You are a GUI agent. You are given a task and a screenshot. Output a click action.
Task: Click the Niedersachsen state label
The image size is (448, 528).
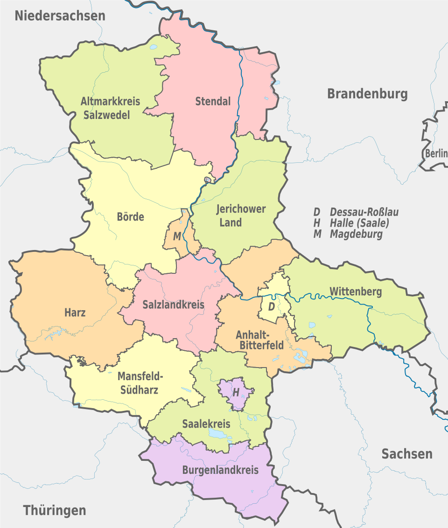tap(60, 15)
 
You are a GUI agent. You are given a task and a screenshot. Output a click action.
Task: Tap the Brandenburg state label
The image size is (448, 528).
tap(367, 94)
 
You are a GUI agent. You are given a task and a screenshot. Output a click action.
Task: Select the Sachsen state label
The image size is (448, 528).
tap(407, 454)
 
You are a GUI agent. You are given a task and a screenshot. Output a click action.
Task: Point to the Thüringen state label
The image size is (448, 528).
tap(55, 510)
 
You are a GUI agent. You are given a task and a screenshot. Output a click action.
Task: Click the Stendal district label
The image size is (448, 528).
tap(213, 101)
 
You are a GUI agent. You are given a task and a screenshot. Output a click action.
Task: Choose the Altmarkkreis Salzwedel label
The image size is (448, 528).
tap(110, 108)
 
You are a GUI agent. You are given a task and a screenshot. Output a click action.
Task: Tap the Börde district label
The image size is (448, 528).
tap(130, 217)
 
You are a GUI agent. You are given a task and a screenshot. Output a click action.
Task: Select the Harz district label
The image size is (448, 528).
tap(75, 313)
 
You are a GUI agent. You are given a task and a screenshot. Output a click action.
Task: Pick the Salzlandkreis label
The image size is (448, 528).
tap(174, 305)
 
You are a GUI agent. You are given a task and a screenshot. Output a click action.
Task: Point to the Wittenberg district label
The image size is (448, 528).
tap(356, 292)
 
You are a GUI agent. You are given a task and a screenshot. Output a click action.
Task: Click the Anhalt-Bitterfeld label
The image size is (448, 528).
tap(260, 340)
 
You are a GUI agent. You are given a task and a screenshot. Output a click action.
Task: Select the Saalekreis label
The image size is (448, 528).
tap(206, 424)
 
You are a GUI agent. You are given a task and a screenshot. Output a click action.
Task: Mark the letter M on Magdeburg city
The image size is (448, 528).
tap(177, 237)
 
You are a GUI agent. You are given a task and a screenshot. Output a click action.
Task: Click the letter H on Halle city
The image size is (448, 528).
tap(236, 393)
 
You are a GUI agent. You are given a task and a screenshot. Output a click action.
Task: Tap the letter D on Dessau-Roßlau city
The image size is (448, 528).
tap(271, 307)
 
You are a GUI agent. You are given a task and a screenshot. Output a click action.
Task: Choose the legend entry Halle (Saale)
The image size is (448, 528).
tap(359, 223)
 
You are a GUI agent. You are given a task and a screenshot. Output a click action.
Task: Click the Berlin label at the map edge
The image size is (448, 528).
tap(436, 153)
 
